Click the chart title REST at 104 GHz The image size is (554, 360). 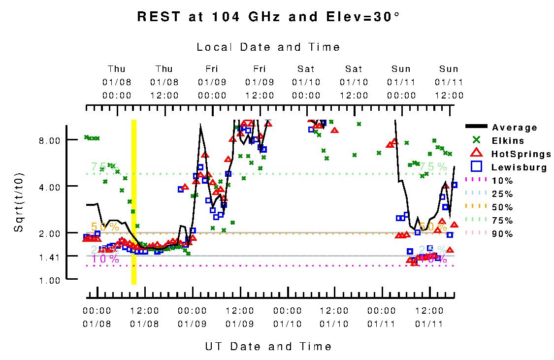(268, 17)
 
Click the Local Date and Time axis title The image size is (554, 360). (268, 47)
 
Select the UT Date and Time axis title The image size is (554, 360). (268, 347)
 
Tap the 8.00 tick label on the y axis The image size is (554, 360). (49, 140)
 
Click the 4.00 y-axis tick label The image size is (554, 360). (49, 187)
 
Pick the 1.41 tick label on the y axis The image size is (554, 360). (49, 257)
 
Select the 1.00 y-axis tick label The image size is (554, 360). (49, 280)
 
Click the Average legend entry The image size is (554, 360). (515, 128)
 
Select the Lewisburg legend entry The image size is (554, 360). (519, 167)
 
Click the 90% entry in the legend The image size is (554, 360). (502, 234)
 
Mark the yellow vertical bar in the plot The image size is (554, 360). (133, 202)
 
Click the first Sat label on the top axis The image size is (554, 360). (306, 69)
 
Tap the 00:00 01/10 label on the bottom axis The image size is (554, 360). (287, 318)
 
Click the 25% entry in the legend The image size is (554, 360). (502, 194)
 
